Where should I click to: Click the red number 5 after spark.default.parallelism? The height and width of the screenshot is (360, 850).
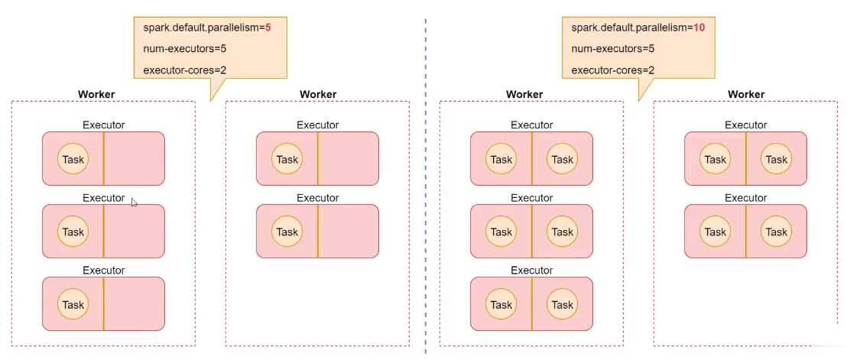click(x=268, y=27)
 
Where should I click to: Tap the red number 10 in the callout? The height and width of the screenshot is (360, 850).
click(x=699, y=27)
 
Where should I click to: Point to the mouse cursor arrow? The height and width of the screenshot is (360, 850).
click(x=134, y=202)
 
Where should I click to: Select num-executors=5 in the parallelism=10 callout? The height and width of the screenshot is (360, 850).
click(x=612, y=48)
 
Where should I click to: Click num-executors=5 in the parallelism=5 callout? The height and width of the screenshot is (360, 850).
click(x=184, y=48)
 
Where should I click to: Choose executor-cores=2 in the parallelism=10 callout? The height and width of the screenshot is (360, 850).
click(x=612, y=70)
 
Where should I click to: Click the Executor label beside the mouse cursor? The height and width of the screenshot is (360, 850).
click(x=103, y=198)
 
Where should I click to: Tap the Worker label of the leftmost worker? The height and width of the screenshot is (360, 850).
click(x=96, y=94)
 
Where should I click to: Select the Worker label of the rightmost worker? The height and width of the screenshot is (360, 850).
click(x=746, y=94)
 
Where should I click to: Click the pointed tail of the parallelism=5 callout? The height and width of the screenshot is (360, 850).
click(x=210, y=101)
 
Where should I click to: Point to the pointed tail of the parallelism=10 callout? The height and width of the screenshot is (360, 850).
click(x=638, y=101)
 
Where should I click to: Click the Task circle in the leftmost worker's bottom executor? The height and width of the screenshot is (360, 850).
click(x=73, y=305)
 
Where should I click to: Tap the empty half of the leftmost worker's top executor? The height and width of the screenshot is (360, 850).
click(x=135, y=159)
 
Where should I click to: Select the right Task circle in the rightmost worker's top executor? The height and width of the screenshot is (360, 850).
click(x=777, y=160)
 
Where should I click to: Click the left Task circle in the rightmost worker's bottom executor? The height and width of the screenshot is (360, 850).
click(x=715, y=232)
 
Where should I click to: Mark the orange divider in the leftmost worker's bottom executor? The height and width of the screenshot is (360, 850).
click(x=103, y=303)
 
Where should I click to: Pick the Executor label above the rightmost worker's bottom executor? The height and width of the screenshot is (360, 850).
click(x=746, y=198)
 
